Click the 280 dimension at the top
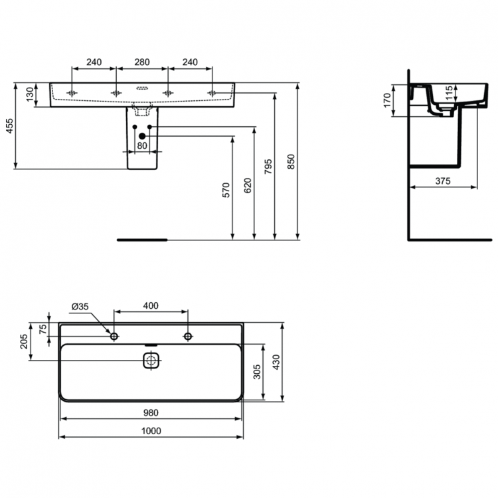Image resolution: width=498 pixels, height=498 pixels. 141,62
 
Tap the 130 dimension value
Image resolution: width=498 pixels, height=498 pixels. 30,95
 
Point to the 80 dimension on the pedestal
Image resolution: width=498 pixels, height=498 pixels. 141,145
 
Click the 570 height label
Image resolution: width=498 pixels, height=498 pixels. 226,191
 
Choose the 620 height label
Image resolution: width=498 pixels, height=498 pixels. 248,185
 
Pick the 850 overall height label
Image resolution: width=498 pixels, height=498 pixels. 291,162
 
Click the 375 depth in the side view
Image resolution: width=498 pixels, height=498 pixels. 444,181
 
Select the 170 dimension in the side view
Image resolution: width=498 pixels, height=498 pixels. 388,101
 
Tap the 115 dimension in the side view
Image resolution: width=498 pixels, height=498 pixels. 449,92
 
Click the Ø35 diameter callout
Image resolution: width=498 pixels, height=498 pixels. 80,306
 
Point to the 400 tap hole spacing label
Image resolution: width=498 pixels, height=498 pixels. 151,306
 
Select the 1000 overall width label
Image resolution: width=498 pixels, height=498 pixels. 152,431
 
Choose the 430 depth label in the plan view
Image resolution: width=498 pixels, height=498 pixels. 276,363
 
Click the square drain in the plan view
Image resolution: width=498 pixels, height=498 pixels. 152,361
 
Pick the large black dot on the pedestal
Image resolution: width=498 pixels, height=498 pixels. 141,136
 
